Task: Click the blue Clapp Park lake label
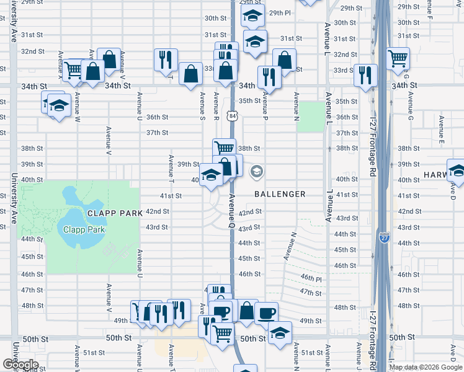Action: pos(84,229)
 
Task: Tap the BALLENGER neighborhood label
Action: pos(280,194)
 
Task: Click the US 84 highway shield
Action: pos(231,115)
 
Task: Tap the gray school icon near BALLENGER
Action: pos(256,172)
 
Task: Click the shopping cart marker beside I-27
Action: pos(398,59)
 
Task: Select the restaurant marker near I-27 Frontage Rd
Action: pos(365,76)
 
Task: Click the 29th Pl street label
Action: pos(280,12)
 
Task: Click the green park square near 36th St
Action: pos(310,117)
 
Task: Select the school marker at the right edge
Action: pos(457,169)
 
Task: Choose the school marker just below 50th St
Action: pos(280,334)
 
